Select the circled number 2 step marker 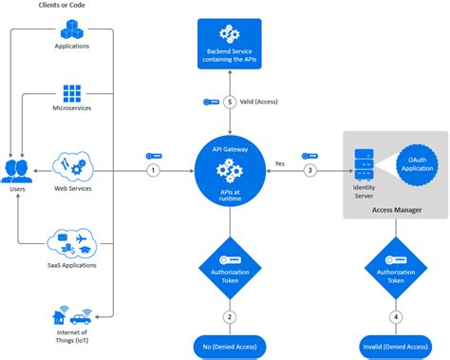click(228, 316)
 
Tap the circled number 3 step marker click(309, 171)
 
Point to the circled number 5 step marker click(228, 104)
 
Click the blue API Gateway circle click(228, 171)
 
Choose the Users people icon click(16, 172)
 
